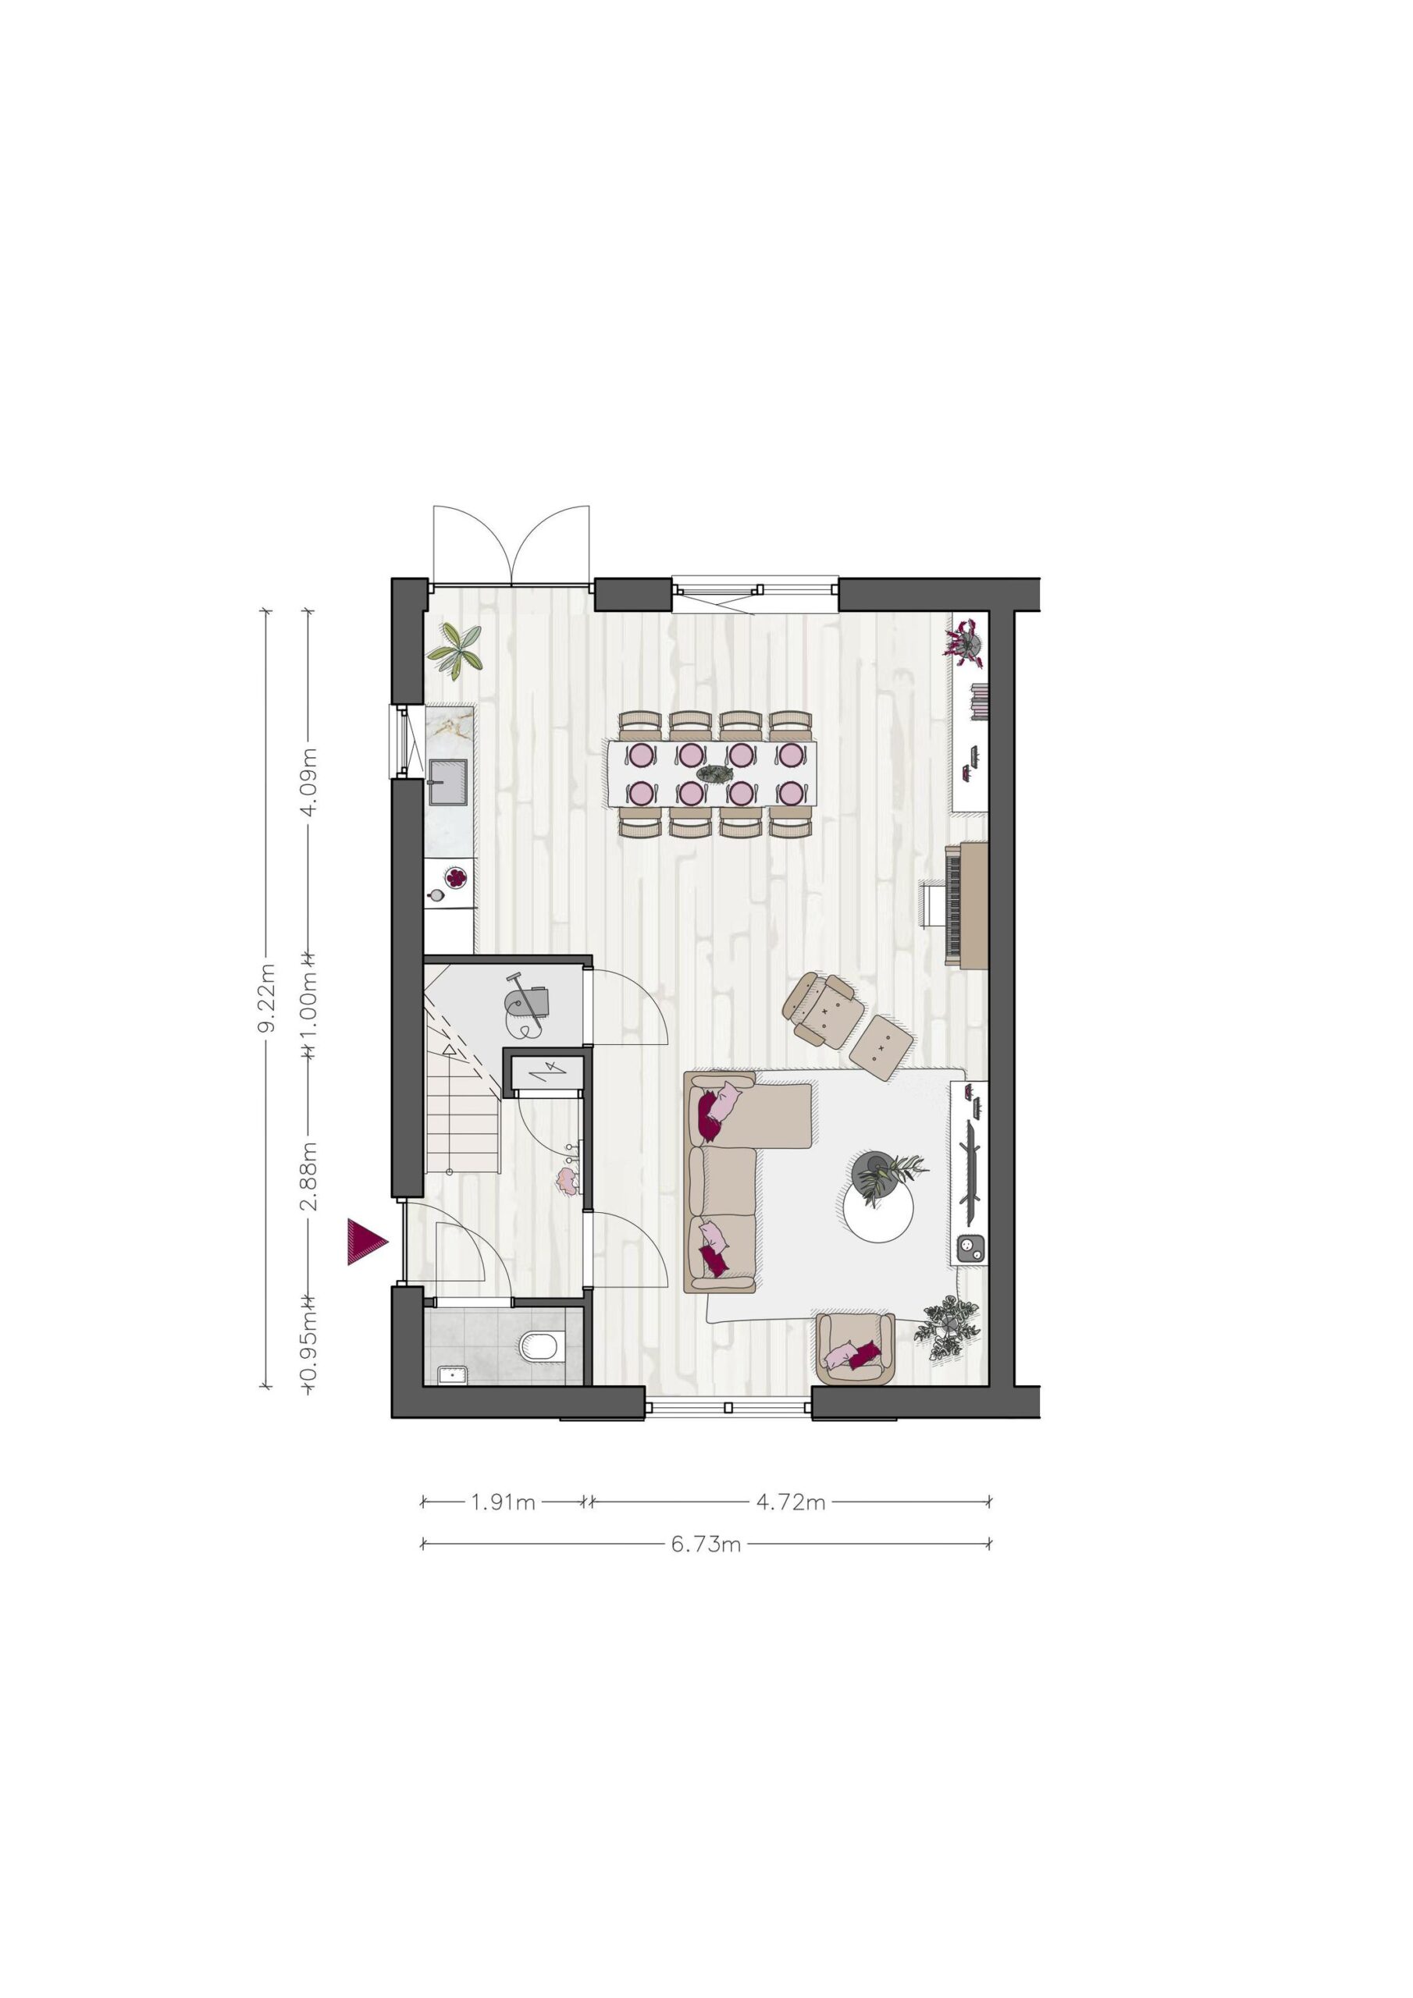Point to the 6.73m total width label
click(x=706, y=1545)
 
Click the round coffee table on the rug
click(x=879, y=1211)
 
